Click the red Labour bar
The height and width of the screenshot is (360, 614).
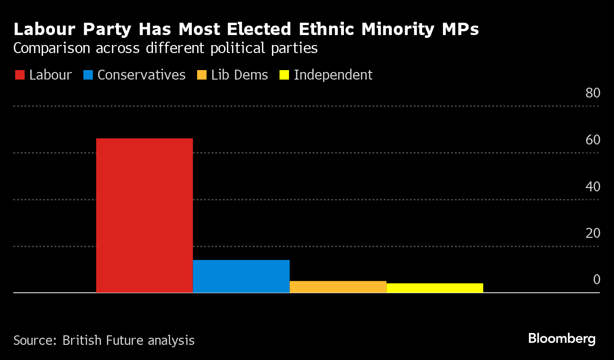pos(144,216)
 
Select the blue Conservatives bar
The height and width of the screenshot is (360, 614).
pos(241,276)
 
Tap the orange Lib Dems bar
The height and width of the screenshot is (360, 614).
pos(338,287)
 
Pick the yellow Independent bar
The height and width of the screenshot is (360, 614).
pos(434,288)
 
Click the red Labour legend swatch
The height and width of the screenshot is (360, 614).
pos(20,75)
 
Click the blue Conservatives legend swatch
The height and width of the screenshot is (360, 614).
pos(88,75)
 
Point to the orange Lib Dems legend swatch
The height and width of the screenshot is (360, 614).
pos(202,75)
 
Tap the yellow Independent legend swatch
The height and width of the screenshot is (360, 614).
pos(284,75)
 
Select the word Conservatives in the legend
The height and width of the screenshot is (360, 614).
pos(141,75)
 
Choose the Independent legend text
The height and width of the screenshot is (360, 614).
pos(333,75)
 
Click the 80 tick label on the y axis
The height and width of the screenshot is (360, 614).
pos(593,93)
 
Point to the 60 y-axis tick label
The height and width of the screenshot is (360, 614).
pos(593,140)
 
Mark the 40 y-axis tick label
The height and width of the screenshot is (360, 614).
pos(593,187)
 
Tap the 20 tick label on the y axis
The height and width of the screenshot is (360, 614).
pos(593,234)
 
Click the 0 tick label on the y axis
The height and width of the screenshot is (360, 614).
pos(596,280)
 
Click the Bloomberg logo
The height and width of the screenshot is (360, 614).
pos(561,339)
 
